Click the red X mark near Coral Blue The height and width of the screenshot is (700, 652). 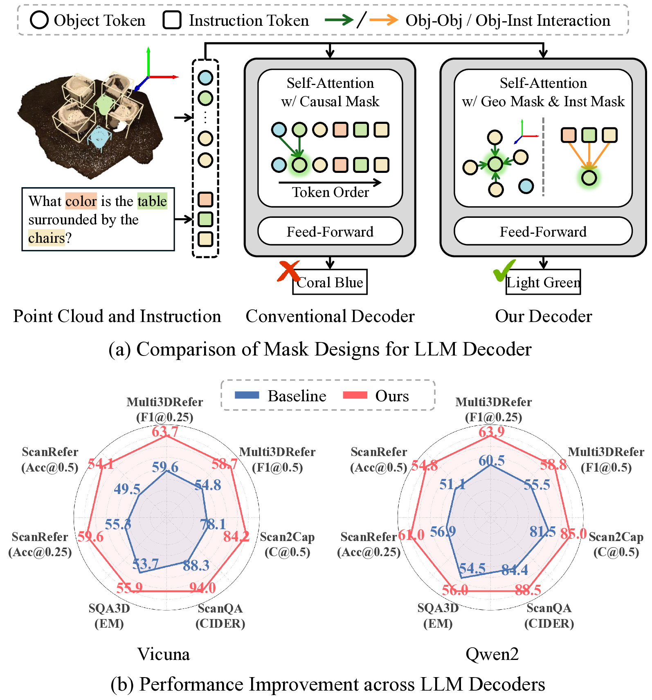(289, 271)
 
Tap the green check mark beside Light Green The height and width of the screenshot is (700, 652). (504, 270)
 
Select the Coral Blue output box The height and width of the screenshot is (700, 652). (330, 282)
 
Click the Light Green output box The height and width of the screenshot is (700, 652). (543, 282)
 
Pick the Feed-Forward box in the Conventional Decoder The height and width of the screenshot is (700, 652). (330, 231)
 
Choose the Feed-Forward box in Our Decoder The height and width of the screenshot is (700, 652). (543, 231)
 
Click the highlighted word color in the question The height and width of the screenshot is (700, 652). (81, 201)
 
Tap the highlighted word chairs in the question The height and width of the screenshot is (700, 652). (46, 237)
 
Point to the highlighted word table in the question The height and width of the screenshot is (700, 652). (152, 201)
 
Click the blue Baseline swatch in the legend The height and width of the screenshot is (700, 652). (247, 395)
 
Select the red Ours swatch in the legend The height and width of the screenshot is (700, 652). (355, 395)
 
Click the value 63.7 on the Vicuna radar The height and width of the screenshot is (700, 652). (165, 432)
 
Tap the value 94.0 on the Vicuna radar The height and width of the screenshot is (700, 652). (202, 588)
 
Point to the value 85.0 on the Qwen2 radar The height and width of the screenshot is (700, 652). (573, 533)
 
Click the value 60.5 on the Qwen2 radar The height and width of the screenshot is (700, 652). (492, 461)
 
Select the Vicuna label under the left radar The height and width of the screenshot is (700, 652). (164, 654)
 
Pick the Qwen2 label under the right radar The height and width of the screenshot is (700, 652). (492, 654)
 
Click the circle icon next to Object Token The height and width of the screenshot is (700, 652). (39, 20)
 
